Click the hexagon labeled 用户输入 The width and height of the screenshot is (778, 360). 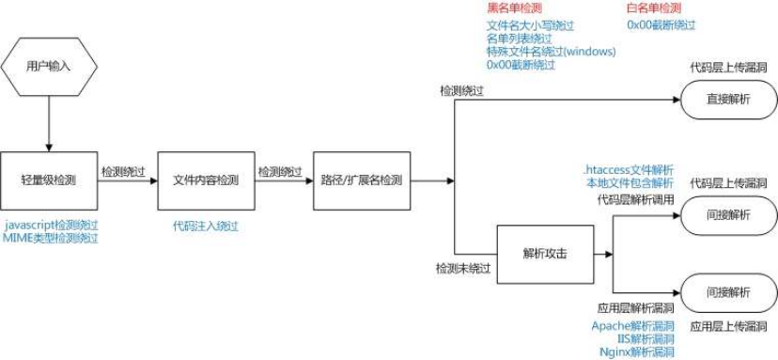(48, 66)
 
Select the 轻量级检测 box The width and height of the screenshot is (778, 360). (48, 179)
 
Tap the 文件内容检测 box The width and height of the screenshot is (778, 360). (205, 179)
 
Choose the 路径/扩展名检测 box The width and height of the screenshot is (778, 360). (362, 179)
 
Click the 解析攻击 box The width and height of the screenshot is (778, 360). (545, 254)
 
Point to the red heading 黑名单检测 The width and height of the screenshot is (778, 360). (509, 8)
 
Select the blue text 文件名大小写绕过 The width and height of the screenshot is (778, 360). (530, 25)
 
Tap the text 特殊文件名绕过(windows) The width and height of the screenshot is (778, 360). (551, 52)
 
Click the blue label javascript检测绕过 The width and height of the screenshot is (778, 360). (51, 226)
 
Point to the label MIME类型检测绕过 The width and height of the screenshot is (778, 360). (51, 239)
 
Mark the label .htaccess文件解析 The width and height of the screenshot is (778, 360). (629, 169)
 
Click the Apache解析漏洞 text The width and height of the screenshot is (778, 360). (632, 325)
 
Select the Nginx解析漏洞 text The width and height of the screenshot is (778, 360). (635, 352)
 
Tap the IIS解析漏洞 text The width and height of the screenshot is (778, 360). (639, 338)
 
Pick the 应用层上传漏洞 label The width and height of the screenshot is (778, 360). (727, 326)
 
